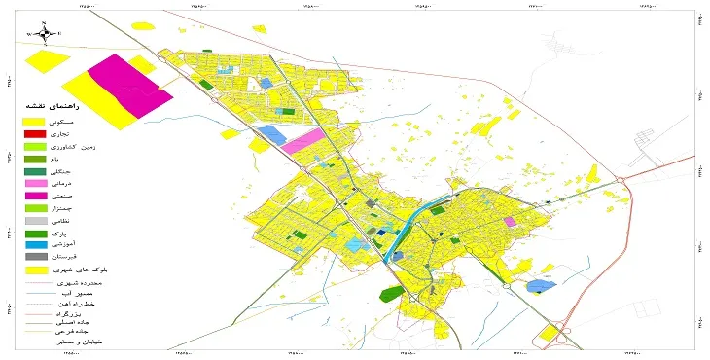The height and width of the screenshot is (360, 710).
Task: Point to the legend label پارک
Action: point(89,234)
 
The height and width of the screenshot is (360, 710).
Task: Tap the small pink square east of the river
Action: point(510,222)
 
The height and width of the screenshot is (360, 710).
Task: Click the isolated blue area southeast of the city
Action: point(537,287)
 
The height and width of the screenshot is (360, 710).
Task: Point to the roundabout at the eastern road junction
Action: point(620,180)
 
